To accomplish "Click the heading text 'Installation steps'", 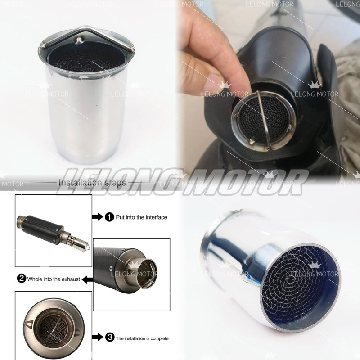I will point(92,183).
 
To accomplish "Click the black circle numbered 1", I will point(109,217).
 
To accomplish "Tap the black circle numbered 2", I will point(21,279).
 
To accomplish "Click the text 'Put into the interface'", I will point(141,217).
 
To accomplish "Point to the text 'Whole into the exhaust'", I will point(54,279).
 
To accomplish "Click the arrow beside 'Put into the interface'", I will point(98,217).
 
